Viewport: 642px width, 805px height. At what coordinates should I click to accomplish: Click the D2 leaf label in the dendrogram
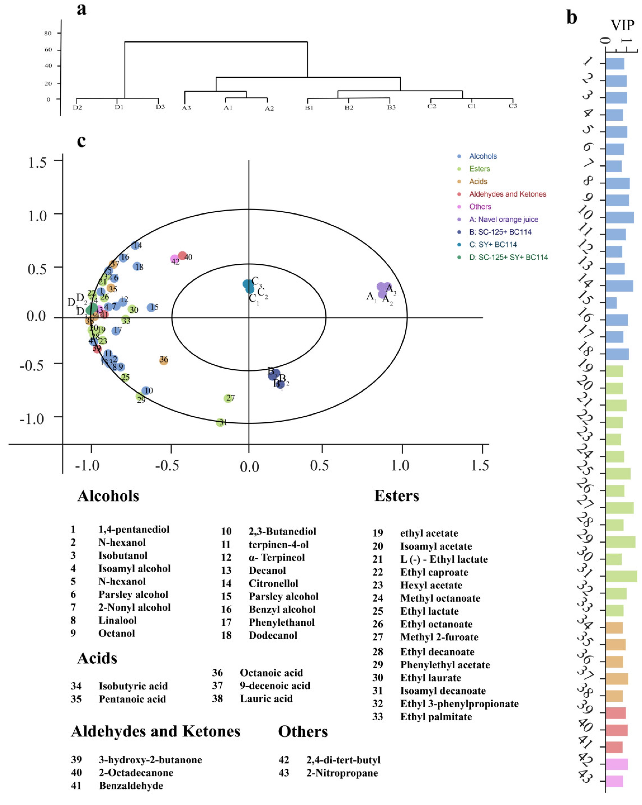(77, 108)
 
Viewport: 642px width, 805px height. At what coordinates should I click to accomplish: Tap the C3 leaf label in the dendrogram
(513, 106)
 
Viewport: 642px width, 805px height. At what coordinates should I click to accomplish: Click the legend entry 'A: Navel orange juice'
(503, 220)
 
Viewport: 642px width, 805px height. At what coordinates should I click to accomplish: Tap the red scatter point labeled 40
(182, 256)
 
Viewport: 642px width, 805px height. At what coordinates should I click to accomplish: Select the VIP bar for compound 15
(611, 303)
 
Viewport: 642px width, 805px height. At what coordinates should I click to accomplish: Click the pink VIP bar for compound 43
(614, 781)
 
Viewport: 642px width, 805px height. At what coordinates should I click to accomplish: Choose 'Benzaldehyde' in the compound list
(131, 786)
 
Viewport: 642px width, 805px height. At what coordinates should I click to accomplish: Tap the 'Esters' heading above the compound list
(397, 496)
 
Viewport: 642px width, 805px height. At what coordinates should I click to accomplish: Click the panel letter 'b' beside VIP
(572, 17)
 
